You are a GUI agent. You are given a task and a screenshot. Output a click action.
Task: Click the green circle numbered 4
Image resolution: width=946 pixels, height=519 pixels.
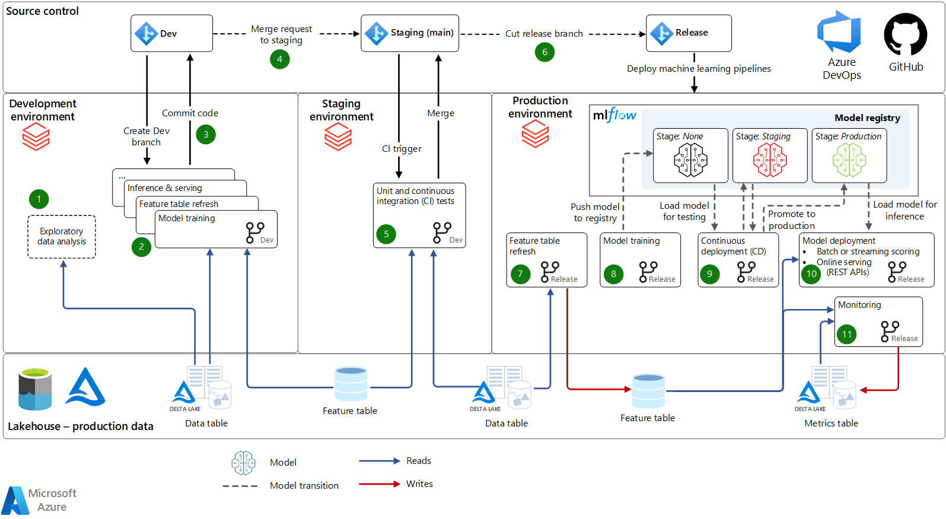[x=279, y=59]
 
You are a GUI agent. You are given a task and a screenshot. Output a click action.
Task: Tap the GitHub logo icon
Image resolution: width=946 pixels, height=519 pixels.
[x=905, y=35]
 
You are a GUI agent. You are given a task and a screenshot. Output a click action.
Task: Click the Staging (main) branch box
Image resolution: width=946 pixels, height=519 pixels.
[x=410, y=33]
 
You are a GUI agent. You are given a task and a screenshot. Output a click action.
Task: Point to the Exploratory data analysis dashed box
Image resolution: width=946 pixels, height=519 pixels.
[x=62, y=237]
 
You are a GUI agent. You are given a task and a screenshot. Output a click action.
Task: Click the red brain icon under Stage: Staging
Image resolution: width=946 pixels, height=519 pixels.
[x=770, y=160]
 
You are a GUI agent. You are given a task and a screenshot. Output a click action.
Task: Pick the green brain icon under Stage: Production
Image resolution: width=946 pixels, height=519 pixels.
[x=849, y=160]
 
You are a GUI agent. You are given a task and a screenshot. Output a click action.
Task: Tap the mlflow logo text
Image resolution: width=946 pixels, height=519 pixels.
[x=614, y=115]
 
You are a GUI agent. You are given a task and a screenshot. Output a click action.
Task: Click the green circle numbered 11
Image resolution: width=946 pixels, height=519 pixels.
[x=846, y=335]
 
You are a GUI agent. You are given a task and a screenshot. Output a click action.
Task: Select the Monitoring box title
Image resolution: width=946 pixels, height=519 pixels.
[x=859, y=305]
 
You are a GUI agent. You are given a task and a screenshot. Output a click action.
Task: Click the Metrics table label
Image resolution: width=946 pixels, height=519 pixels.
[x=831, y=424]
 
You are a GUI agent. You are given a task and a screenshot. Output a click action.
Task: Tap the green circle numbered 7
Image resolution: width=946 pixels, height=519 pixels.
[x=520, y=274]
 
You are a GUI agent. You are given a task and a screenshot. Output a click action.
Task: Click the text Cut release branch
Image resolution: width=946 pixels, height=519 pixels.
[x=544, y=34]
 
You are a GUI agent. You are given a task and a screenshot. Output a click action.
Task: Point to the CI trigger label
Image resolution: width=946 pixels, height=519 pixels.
[x=402, y=149]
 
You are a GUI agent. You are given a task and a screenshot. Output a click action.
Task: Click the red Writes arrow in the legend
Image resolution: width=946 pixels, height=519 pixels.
[x=380, y=484]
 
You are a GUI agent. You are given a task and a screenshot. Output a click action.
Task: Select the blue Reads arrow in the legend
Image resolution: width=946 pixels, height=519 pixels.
[x=380, y=461]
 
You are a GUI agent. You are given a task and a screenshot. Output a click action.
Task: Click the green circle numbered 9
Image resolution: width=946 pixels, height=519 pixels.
[x=709, y=274]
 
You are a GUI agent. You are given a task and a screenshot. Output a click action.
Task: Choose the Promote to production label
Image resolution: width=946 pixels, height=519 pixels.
[x=791, y=219]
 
